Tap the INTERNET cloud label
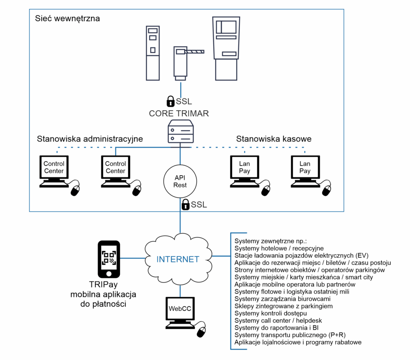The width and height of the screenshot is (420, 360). click(178, 259)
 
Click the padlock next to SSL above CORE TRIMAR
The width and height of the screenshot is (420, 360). click(170, 101)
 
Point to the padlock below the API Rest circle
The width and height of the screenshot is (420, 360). click(185, 204)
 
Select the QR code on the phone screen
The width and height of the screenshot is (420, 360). click(109, 257)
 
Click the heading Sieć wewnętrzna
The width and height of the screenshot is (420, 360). click(67, 18)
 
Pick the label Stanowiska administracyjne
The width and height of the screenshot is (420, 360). click(90, 139)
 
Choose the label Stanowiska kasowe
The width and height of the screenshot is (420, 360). click(274, 139)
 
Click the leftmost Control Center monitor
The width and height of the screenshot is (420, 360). click(54, 168)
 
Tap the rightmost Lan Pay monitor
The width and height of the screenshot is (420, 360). click(305, 168)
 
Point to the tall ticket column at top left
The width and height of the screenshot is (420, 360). click(153, 52)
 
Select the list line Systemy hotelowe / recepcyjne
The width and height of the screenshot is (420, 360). click(279, 248)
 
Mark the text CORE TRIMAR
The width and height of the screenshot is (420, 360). click(179, 114)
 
